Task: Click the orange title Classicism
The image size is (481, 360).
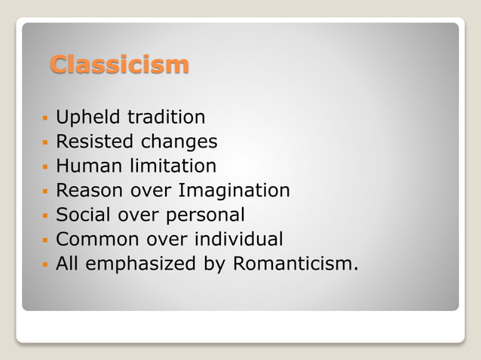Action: click(119, 65)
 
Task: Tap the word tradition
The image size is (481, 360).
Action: click(166, 117)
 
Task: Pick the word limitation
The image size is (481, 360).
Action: click(173, 166)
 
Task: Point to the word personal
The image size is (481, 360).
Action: click(201, 215)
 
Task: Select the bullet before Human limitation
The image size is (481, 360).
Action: click(46, 167)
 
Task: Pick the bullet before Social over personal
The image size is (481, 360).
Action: click(46, 216)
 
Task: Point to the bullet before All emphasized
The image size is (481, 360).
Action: click(46, 265)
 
